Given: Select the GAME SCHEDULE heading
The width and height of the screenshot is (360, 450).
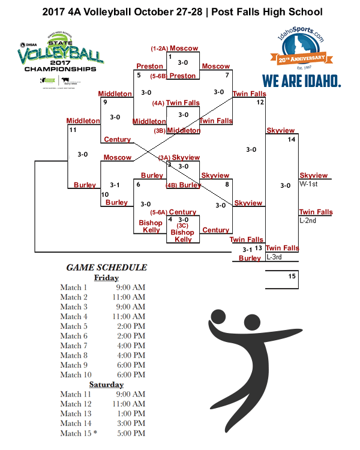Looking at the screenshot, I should (x=106, y=268).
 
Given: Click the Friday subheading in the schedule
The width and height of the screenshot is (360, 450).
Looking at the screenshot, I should (x=106, y=278).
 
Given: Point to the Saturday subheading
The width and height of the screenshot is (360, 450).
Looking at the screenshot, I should (x=106, y=385).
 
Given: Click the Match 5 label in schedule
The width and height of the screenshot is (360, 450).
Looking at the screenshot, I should (x=74, y=326).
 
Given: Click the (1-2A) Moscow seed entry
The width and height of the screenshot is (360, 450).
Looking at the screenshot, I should (x=175, y=48).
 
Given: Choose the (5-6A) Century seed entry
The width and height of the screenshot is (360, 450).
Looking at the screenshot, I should (x=175, y=212).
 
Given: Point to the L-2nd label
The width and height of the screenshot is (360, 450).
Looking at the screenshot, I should (x=308, y=221).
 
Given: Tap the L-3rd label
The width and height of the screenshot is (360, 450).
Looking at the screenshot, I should (x=275, y=257).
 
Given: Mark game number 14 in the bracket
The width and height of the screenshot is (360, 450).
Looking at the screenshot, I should (x=292, y=140).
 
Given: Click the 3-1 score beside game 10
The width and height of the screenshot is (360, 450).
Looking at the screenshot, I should (x=115, y=185).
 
